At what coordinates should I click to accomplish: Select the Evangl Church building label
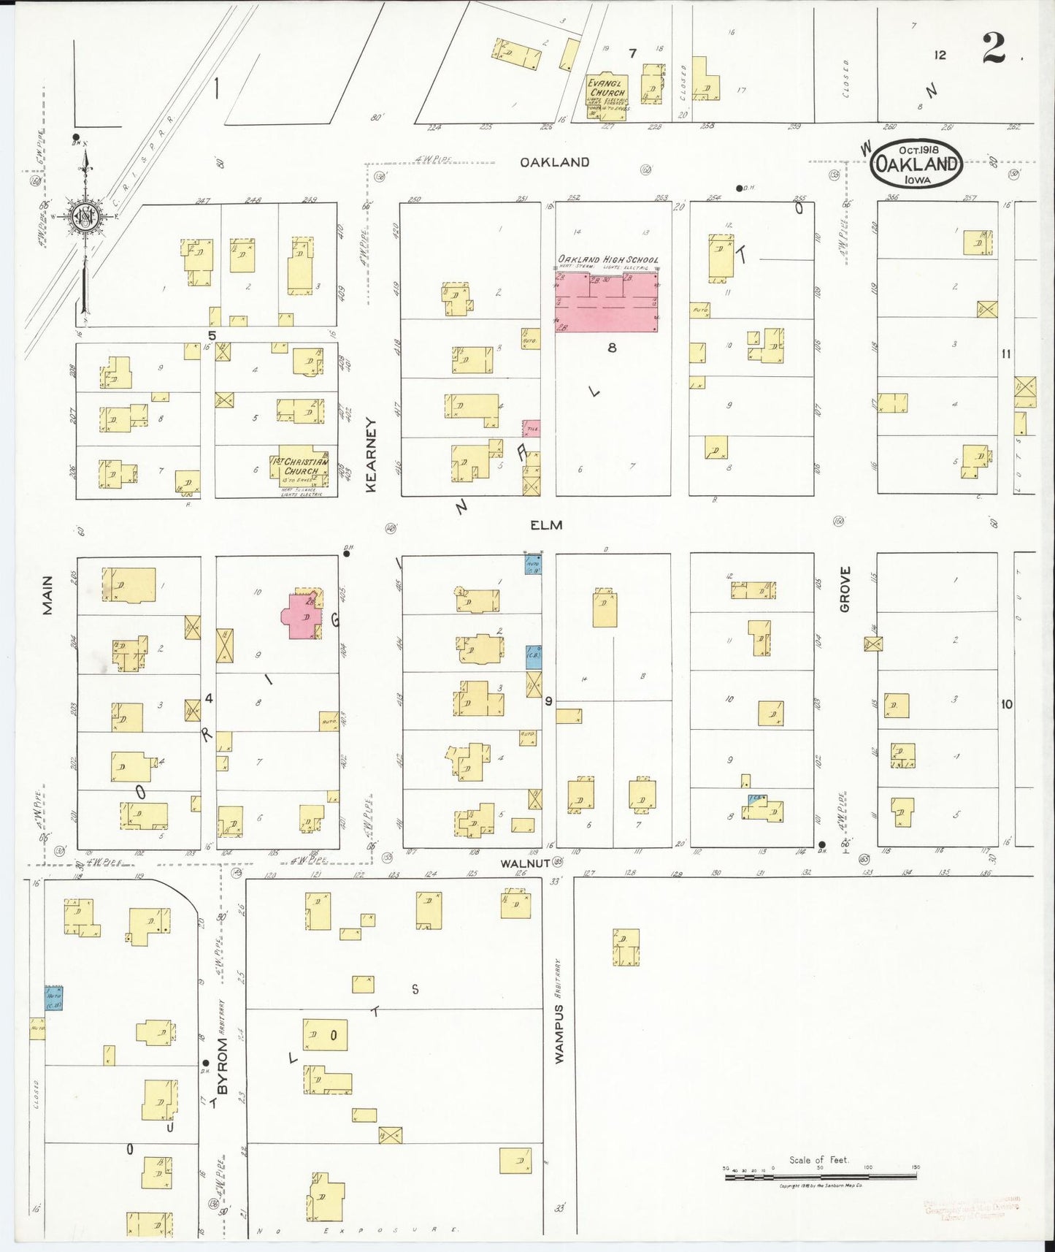tap(607, 88)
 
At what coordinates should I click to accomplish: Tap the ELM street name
tap(546, 524)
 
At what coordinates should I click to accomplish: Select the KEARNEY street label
tap(371, 454)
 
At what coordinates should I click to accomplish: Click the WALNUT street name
tap(524, 863)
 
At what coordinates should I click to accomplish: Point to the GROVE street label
tap(845, 589)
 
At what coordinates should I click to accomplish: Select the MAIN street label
tap(47, 595)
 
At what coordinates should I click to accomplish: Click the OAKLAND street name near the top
tap(554, 162)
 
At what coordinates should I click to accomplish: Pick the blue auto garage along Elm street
tap(532, 563)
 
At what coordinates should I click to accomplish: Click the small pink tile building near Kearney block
tap(532, 429)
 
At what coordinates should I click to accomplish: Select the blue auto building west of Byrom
tap(54, 998)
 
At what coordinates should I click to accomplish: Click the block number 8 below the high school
tap(612, 348)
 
